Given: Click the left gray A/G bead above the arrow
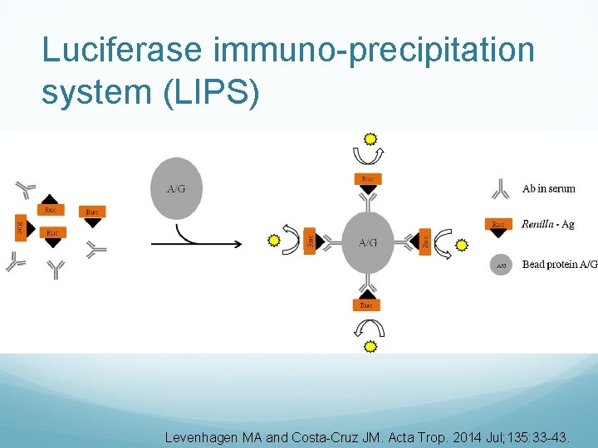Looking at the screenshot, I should coord(176,188).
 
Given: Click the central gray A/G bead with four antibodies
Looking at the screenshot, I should coord(367,242).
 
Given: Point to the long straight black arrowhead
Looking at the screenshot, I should coord(238,245).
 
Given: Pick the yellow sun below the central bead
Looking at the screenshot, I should coord(371,346).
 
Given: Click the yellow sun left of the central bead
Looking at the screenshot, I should coord(274,241).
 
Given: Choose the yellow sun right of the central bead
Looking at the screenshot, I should coord(462,245).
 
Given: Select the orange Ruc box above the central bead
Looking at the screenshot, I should coord(368,178).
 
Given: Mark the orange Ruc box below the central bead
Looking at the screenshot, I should coord(367,305).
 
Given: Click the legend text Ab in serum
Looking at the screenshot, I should coord(548,189).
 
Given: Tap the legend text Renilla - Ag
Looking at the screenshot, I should coord(547,224).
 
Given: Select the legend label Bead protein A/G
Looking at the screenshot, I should coord(559,265).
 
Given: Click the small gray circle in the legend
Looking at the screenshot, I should coord(501,265).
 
